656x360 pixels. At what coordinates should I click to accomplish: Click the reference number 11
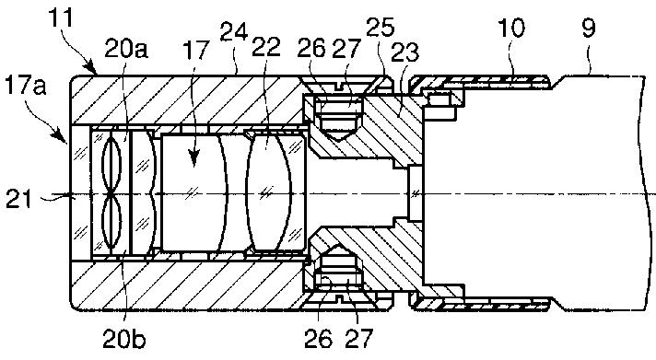[x=60, y=17]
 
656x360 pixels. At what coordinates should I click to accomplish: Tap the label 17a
[x=25, y=87]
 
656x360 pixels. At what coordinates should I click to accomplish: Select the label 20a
[x=126, y=49]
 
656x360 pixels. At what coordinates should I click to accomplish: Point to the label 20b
[x=124, y=340]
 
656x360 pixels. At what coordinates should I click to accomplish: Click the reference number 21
[x=18, y=199]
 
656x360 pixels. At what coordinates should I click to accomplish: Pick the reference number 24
[x=234, y=31]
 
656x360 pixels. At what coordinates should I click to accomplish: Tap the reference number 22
[x=265, y=46]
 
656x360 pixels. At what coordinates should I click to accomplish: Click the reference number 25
[x=380, y=27]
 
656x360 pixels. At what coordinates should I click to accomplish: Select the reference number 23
[x=404, y=52]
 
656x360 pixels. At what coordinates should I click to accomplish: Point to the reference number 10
[x=510, y=29]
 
